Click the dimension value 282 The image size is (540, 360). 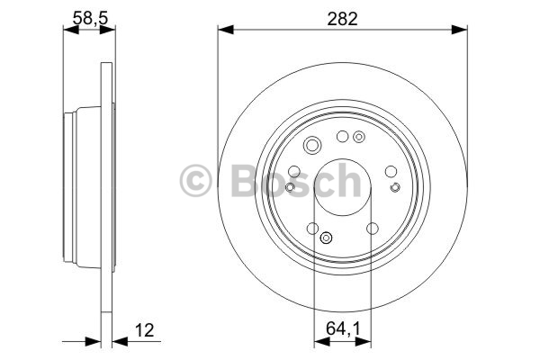(x=342, y=19)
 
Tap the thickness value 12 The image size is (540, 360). (x=144, y=330)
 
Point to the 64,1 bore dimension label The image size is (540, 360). (x=343, y=328)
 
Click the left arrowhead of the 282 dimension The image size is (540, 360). (x=226, y=30)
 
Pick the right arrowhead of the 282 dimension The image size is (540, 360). (x=459, y=30)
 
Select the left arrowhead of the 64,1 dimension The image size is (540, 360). (x=322, y=341)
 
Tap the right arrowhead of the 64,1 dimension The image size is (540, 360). (x=364, y=341)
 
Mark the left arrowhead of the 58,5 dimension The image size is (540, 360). (x=71, y=30)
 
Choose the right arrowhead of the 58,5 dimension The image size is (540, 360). (x=107, y=30)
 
